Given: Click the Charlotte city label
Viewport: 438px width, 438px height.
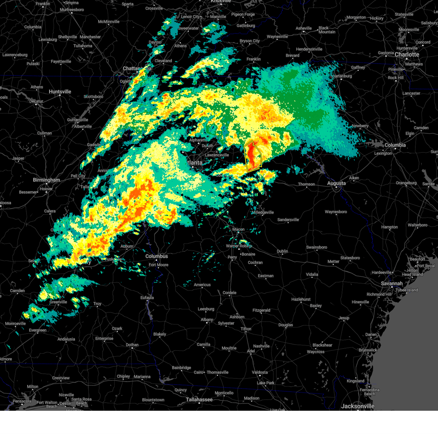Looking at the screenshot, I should pos(407,55).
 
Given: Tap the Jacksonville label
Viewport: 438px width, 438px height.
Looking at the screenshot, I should pos(358,406).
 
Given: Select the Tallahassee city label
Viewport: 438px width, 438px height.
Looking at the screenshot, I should pos(199,400).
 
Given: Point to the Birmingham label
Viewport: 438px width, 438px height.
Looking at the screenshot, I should pos(46,180).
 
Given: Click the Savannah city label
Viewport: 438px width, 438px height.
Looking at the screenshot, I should pos(392,283).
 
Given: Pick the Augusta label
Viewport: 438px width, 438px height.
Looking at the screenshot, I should pos(336,183).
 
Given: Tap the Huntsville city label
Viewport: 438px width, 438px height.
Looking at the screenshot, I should pos(60,92).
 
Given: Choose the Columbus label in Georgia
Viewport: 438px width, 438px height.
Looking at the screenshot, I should pos(157,256).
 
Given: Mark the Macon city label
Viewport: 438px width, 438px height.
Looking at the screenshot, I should pos(238,230).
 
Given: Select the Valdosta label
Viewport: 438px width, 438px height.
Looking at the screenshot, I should pos(260,372).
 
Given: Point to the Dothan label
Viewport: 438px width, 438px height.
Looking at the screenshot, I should pos(132,345).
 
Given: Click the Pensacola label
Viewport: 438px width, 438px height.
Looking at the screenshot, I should pos(22,401).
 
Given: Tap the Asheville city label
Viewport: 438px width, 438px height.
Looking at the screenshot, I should pos(304,28).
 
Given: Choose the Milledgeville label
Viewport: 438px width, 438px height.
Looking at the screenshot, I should pos(262,212).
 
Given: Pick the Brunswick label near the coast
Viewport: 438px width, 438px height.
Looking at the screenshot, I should pos(368,350).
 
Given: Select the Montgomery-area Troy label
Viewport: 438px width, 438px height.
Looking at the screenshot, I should pos(97,304).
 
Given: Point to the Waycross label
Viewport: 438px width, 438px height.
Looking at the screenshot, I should pos(315,352).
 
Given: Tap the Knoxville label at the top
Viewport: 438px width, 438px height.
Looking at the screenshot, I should pos(220,1).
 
